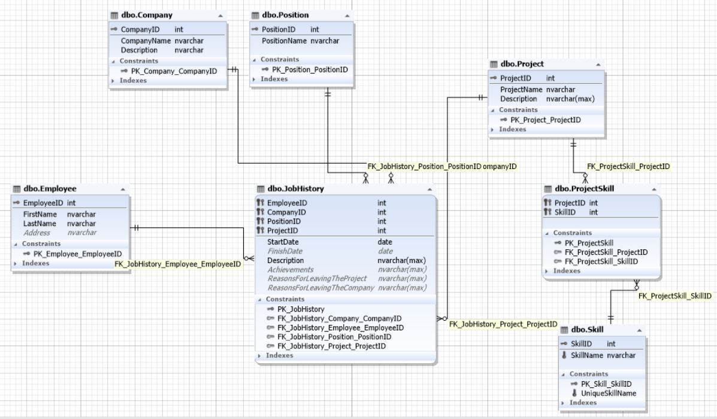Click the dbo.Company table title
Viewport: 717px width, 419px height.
147,15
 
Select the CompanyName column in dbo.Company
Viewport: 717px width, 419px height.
146,41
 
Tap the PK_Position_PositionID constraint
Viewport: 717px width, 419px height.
310,70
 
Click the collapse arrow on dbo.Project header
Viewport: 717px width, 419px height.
598,65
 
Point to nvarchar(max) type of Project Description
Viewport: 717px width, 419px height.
570,99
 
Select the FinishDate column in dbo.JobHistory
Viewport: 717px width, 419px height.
285,251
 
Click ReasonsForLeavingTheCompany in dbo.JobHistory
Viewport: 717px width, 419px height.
321,288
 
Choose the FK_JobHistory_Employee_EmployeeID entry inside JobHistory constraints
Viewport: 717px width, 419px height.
340,327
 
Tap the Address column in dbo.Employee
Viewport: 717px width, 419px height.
37,233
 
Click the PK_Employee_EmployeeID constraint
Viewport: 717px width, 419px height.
77,254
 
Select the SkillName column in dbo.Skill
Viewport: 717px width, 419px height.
586,355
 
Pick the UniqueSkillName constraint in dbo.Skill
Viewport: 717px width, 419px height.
608,393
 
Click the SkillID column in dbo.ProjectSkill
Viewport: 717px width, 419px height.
565,212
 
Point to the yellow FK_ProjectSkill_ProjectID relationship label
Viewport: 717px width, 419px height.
628,167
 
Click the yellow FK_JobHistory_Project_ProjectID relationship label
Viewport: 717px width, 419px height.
503,324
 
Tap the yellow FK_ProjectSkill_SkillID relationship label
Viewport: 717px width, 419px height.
674,296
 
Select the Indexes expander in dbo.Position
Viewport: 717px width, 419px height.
274,79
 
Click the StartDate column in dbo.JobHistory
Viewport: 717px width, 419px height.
283,242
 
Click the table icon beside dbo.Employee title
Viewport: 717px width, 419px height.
17,189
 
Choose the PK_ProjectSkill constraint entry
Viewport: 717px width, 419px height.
589,243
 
